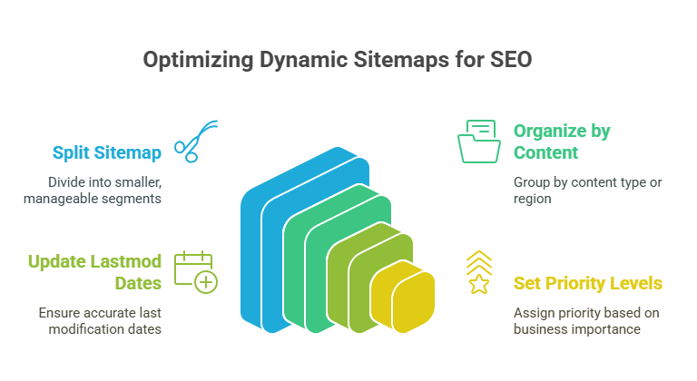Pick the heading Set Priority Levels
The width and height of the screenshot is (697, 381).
pyautogui.click(x=587, y=283)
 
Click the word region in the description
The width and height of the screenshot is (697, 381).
pyautogui.click(x=532, y=197)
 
